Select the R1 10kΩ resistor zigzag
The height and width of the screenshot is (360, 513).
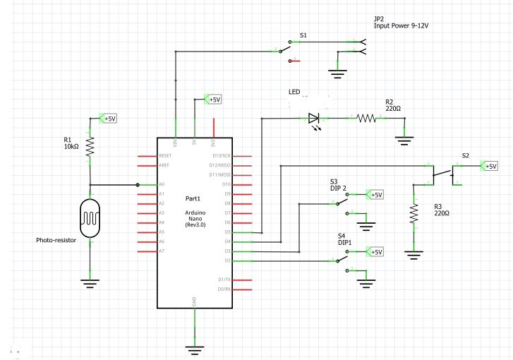coord(90,146)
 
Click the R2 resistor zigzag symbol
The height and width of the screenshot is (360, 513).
coord(368,118)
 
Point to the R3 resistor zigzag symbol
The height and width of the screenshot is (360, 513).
coord(413,214)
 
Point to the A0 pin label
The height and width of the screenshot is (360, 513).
coord(162,184)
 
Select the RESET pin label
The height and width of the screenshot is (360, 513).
coord(166,155)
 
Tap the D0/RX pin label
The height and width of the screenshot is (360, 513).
coord(224,289)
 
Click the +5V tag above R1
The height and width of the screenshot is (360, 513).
coord(109,119)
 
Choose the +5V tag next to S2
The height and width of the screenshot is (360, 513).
coord(489,166)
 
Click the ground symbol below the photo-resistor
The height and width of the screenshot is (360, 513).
coord(90,284)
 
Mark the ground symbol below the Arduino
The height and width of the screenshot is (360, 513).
coord(194,348)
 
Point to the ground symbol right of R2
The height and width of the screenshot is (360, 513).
coord(404,139)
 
